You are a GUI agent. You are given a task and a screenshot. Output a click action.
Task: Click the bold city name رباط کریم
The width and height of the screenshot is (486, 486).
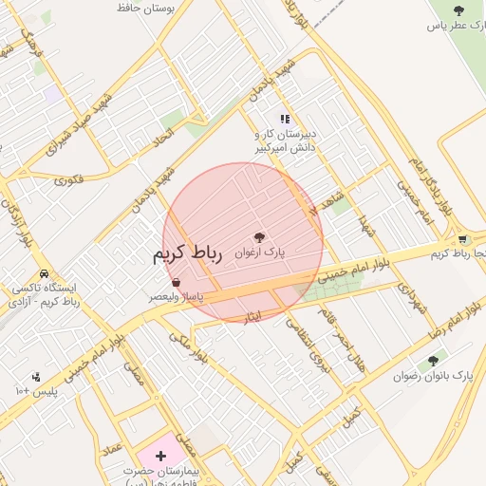click(186, 255)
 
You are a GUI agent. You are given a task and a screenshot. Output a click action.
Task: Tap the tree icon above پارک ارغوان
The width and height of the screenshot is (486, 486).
click(260, 237)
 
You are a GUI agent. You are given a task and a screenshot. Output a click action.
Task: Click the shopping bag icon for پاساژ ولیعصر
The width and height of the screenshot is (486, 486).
click(177, 282)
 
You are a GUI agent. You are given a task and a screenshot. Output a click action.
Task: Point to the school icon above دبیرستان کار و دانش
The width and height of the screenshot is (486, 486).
click(284, 120)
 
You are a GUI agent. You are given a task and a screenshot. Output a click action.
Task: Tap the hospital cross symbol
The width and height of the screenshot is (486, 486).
click(159, 457)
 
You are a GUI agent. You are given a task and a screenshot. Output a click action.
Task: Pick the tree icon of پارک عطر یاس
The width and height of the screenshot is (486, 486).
click(459, 10)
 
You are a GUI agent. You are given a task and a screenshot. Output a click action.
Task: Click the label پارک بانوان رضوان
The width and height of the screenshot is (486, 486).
click(433, 376)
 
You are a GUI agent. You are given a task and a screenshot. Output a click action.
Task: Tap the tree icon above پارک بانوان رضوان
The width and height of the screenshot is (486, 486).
click(434, 360)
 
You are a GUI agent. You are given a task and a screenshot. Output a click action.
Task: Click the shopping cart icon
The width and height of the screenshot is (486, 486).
click(462, 239)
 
